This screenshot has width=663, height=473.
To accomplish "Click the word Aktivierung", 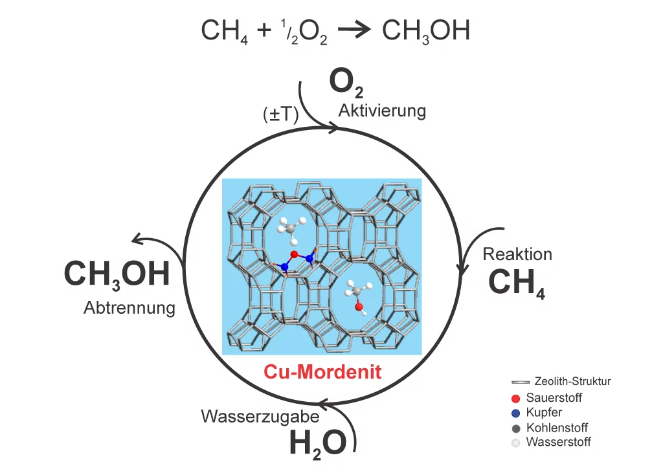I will tap(382, 111).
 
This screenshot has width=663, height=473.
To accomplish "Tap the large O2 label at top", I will tap(346, 84).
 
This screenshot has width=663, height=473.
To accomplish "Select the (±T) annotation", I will tap(280, 115).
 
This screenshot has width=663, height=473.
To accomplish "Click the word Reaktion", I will tap(517, 254).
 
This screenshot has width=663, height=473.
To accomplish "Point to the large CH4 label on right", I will tap(516, 283).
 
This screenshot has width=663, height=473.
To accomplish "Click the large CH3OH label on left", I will tap(117, 274).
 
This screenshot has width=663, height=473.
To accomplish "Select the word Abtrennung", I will tap(129, 307).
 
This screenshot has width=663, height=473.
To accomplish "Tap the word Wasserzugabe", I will tap(251, 416).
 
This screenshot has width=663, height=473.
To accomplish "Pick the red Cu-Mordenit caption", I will tap(322, 372).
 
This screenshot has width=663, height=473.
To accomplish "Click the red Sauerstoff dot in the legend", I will tap(515, 397).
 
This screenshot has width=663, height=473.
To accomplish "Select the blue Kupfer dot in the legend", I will tap(515, 412).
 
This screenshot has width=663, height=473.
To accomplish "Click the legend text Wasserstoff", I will tap(558, 443).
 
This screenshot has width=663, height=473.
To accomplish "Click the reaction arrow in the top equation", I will tap(354, 31).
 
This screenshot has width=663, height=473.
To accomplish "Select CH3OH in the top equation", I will tap(425, 31).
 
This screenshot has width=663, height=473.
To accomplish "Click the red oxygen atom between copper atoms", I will tap(294, 254).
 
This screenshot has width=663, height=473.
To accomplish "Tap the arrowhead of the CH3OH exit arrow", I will tap(135, 240).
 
